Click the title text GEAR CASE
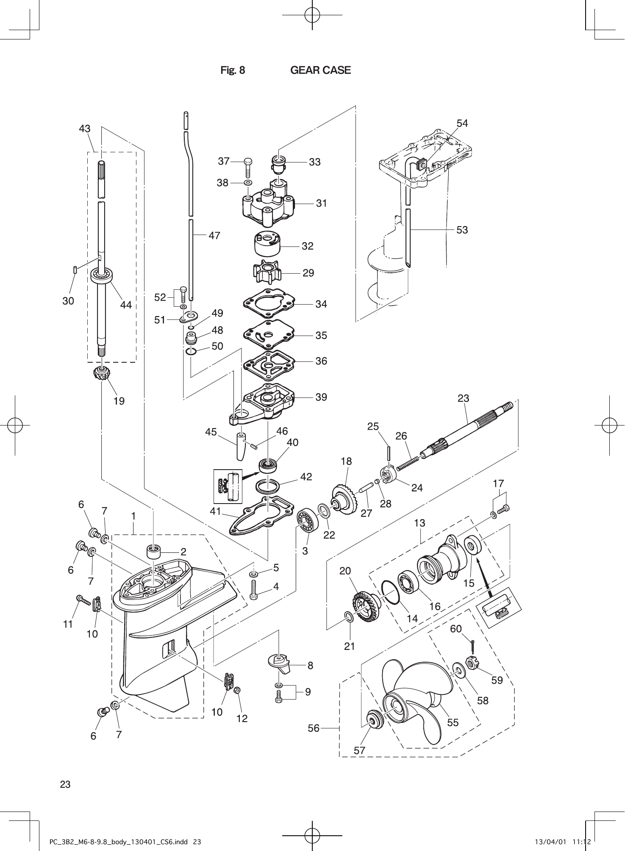point(320,70)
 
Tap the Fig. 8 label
point(233,70)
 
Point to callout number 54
point(462,123)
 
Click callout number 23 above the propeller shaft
point(464,398)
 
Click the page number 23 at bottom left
point(65,784)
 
